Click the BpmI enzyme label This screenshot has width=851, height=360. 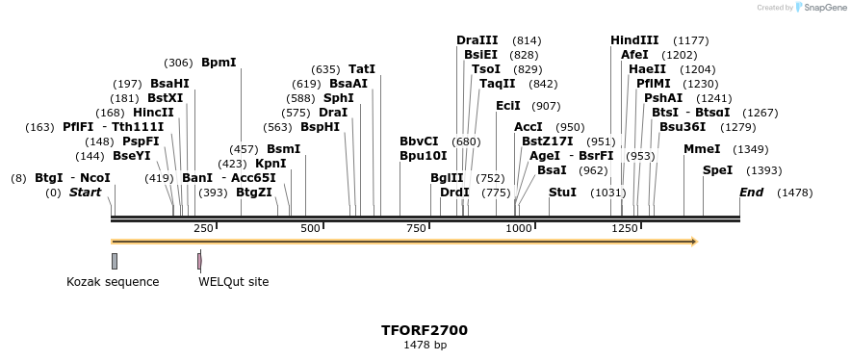(219, 63)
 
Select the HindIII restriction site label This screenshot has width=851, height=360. (634, 40)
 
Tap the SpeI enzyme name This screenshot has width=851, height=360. (717, 170)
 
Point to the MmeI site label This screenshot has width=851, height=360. (701, 149)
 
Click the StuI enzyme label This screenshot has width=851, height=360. (562, 193)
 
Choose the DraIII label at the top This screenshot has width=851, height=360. (477, 40)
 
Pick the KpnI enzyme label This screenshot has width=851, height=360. (271, 164)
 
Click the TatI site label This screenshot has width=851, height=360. (362, 69)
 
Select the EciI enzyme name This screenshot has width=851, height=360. (507, 106)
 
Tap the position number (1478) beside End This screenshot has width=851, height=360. (795, 193)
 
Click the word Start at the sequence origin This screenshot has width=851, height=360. (85, 193)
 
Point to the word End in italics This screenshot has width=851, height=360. (751, 193)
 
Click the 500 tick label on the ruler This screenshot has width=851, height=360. (310, 228)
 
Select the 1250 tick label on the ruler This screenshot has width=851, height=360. (625, 228)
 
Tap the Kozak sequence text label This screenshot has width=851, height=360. (113, 282)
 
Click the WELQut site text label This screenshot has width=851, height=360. (234, 282)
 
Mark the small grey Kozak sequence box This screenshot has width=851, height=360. (115, 261)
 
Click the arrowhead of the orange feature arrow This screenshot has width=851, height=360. (691, 242)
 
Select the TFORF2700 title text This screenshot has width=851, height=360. (425, 330)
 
